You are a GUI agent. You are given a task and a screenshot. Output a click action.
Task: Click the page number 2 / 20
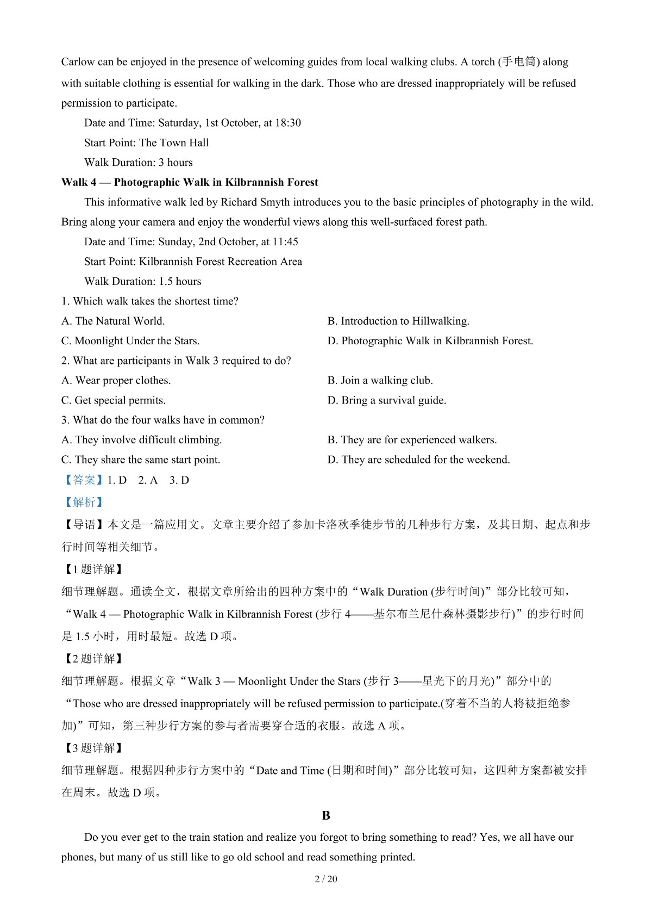pyautogui.click(x=326, y=879)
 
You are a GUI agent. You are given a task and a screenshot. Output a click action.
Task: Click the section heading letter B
pyautogui.click(x=326, y=815)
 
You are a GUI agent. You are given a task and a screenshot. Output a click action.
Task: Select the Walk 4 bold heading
pyautogui.click(x=190, y=182)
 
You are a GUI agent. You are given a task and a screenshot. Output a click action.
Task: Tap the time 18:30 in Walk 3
pyautogui.click(x=288, y=123)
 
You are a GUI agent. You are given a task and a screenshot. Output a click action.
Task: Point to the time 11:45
pyautogui.click(x=285, y=241)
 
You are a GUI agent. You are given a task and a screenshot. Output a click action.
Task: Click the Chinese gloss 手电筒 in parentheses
pyautogui.click(x=519, y=62)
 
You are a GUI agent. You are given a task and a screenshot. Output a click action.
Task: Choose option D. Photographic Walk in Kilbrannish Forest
pyautogui.click(x=430, y=341)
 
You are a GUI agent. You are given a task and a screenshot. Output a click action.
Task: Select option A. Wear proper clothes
pyautogui.click(x=116, y=380)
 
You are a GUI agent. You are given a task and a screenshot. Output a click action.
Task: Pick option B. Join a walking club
pyautogui.click(x=380, y=380)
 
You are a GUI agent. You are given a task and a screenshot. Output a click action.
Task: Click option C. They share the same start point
pyautogui.click(x=141, y=460)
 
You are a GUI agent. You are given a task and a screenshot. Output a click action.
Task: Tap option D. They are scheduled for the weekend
pyautogui.click(x=418, y=460)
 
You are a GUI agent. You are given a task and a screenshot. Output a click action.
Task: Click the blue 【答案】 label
pyautogui.click(x=84, y=480)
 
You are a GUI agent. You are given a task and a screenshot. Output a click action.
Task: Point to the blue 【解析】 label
pyautogui.click(x=84, y=502)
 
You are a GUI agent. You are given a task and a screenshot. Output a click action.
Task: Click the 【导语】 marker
pyautogui.click(x=84, y=525)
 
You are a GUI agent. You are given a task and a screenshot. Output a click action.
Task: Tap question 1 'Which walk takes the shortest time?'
pyautogui.click(x=150, y=301)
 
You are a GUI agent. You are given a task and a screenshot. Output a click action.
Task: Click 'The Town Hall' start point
pyautogui.click(x=174, y=143)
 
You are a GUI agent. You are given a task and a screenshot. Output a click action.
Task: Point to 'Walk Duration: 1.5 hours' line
pyautogui.click(x=142, y=281)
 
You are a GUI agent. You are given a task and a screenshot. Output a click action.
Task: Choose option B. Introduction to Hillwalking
pyautogui.click(x=398, y=321)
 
